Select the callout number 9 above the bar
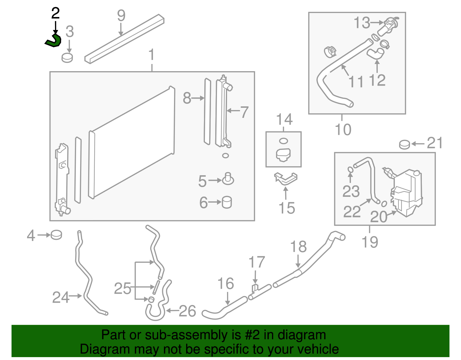[x=121, y=16]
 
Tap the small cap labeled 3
[x=67, y=58]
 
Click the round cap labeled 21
[x=405, y=144]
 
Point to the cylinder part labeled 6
[x=227, y=202]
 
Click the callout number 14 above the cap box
[x=284, y=119]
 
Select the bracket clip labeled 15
[x=286, y=178]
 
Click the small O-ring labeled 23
[x=350, y=169]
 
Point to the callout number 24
[x=61, y=297]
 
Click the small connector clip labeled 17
[x=255, y=288]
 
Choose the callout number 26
[x=187, y=311]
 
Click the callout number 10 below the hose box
[x=343, y=129]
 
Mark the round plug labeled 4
[x=56, y=235]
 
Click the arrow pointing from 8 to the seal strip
[x=198, y=98]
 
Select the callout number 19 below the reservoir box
[x=370, y=242]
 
